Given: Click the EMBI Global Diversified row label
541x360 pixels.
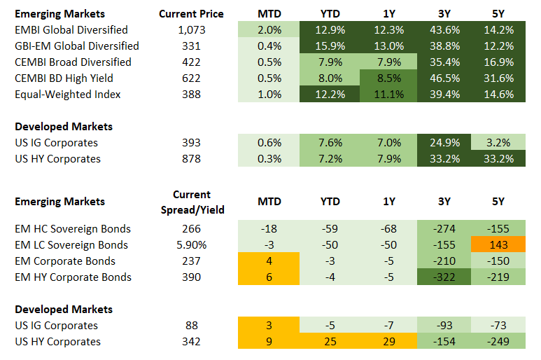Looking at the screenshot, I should tap(71, 29).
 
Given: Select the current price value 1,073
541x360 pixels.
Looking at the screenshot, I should tap(189, 29).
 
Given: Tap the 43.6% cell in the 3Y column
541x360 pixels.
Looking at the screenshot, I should tap(444, 29).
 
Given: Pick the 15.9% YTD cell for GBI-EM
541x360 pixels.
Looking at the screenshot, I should tap(330, 46).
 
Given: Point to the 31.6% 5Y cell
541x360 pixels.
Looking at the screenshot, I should tap(498, 78).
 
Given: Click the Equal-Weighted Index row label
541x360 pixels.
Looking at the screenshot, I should tap(68, 94).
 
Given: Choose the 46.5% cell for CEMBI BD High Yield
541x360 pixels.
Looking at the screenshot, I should tap(444, 78).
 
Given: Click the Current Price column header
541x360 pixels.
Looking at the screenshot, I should tap(191, 13).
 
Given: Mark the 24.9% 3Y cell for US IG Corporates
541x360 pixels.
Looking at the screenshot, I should tap(444, 143).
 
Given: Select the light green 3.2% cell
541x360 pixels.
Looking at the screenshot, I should tap(498, 143).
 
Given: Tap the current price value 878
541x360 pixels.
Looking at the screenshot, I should tap(189, 159).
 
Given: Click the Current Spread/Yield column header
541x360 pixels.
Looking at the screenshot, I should tap(191, 202).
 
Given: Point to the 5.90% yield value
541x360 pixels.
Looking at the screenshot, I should tap(189, 245).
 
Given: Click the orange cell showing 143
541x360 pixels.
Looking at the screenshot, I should tap(498, 245).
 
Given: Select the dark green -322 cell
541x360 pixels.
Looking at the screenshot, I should tap(444, 277).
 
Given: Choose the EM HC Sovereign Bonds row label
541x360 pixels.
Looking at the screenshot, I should tap(73, 229).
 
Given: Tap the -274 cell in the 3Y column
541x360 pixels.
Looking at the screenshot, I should tap(444, 229).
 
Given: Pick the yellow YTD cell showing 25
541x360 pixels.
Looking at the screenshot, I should tap(330, 342).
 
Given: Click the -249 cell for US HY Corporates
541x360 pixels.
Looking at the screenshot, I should tap(498, 342).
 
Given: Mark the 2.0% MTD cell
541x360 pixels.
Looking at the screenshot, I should tap(269, 29).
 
